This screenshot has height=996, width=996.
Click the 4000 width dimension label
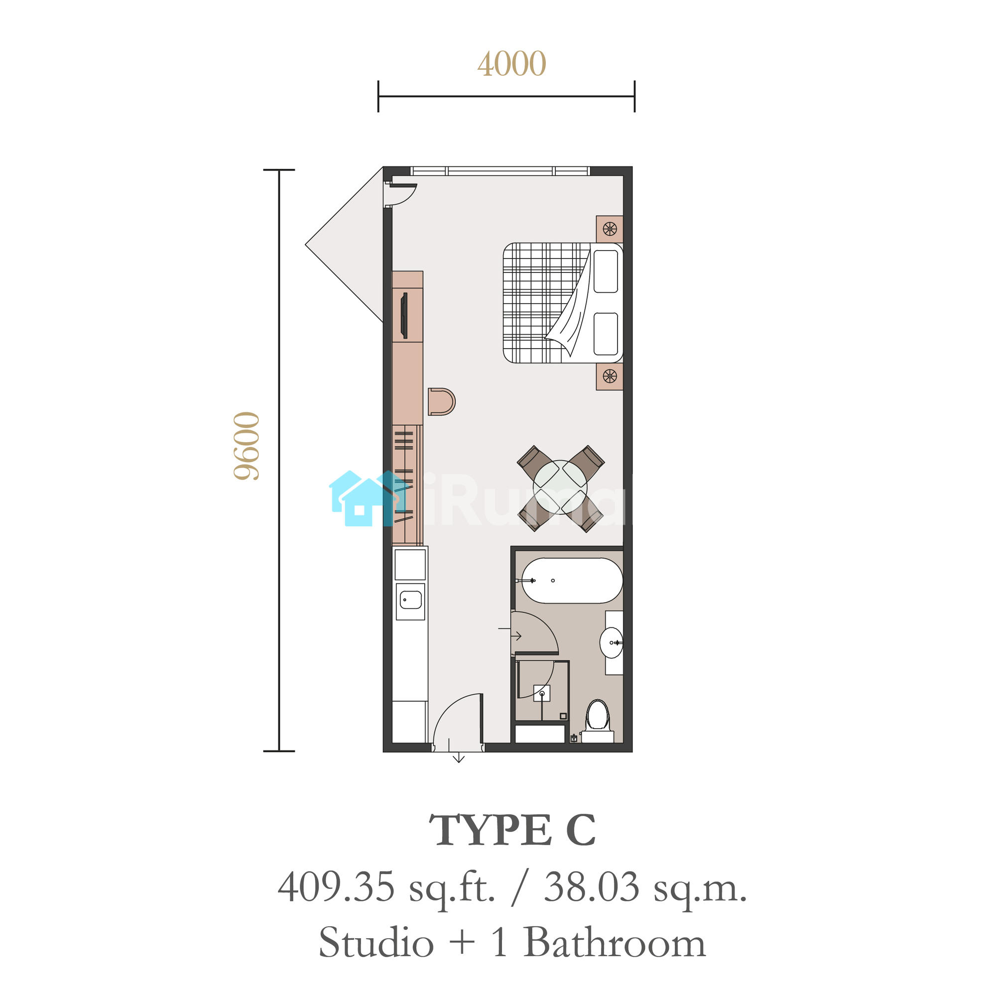point(511,64)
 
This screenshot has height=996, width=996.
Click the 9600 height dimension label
point(247,446)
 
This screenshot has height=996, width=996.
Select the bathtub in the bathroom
point(572,581)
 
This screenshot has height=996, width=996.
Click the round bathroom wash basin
point(612,643)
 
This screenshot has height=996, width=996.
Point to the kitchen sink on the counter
point(410,601)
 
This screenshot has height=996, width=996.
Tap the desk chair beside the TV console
point(441,401)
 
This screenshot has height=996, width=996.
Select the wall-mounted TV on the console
point(404,316)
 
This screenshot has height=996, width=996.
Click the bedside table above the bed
point(610,229)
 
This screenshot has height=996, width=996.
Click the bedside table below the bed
point(610,376)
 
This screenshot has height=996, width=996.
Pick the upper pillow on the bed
point(606,272)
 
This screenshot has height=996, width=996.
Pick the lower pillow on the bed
point(606,334)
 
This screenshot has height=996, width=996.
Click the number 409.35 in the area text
point(336,887)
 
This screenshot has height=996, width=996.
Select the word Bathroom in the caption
point(615,942)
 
